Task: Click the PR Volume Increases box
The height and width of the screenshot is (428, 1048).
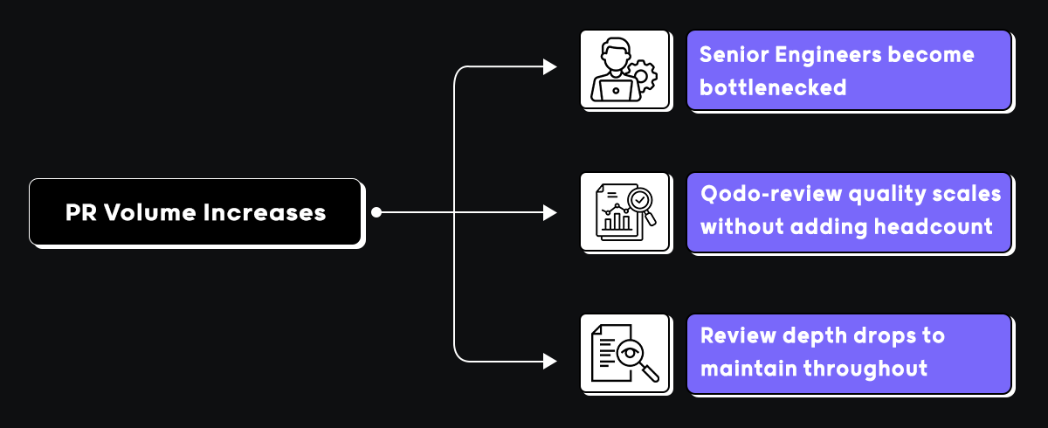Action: click(196, 212)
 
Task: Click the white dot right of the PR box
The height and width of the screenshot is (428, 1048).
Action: click(376, 212)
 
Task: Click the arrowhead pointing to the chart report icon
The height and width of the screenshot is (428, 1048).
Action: click(549, 212)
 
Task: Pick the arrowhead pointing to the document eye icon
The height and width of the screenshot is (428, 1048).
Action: click(549, 360)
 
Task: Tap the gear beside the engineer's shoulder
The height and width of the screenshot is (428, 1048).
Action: click(645, 76)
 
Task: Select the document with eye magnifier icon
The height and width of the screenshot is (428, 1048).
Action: click(623, 355)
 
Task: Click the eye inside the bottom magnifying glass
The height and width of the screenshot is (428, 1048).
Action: click(631, 354)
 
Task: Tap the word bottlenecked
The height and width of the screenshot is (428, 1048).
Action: click(773, 87)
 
